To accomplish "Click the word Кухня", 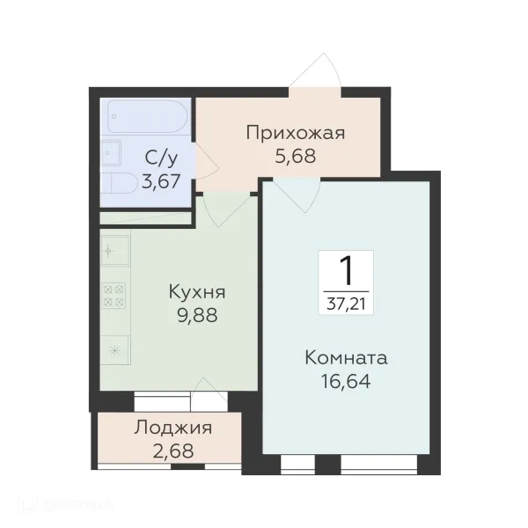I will tap(197, 292).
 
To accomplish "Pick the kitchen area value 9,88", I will tap(197, 315).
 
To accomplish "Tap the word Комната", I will tap(346, 358).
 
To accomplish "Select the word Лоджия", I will tap(172, 429).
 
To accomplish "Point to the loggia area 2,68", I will tap(172, 452).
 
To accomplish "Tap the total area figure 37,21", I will tap(346, 304).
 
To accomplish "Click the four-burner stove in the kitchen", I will tap(114, 295).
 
